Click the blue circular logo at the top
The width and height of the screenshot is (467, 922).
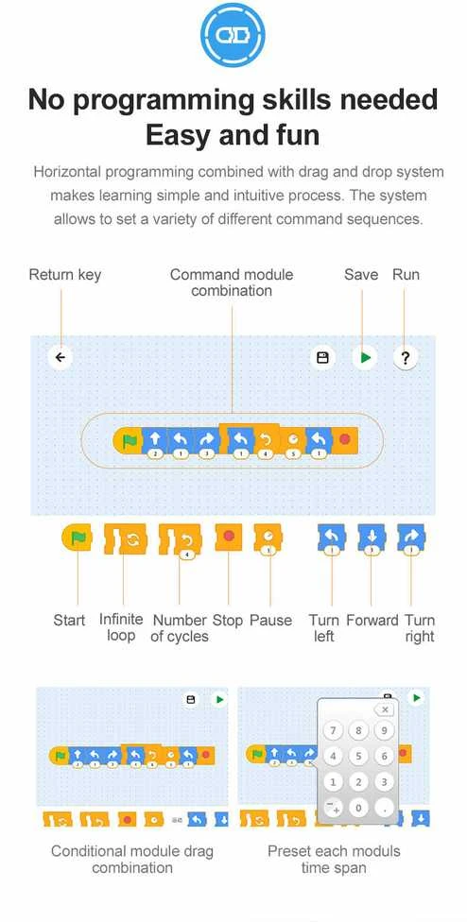pyautogui.click(x=233, y=35)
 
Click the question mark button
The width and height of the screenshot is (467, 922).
pyautogui.click(x=406, y=357)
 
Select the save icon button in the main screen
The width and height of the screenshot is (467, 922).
pyautogui.click(x=322, y=357)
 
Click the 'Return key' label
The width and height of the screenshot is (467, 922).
pyautogui.click(x=64, y=275)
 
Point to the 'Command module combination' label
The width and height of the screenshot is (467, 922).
pyautogui.click(x=232, y=282)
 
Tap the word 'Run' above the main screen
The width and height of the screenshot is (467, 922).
pyautogui.click(x=406, y=275)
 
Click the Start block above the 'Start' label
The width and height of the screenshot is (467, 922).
pyautogui.click(x=78, y=538)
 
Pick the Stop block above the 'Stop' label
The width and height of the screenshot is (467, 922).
pyautogui.click(x=229, y=538)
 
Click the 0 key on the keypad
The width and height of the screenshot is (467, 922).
pyautogui.click(x=358, y=808)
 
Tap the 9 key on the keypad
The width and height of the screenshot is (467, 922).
pyautogui.click(x=384, y=731)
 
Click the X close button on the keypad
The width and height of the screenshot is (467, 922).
pyautogui.click(x=384, y=709)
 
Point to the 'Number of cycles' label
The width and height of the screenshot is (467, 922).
pyautogui.click(x=180, y=628)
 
